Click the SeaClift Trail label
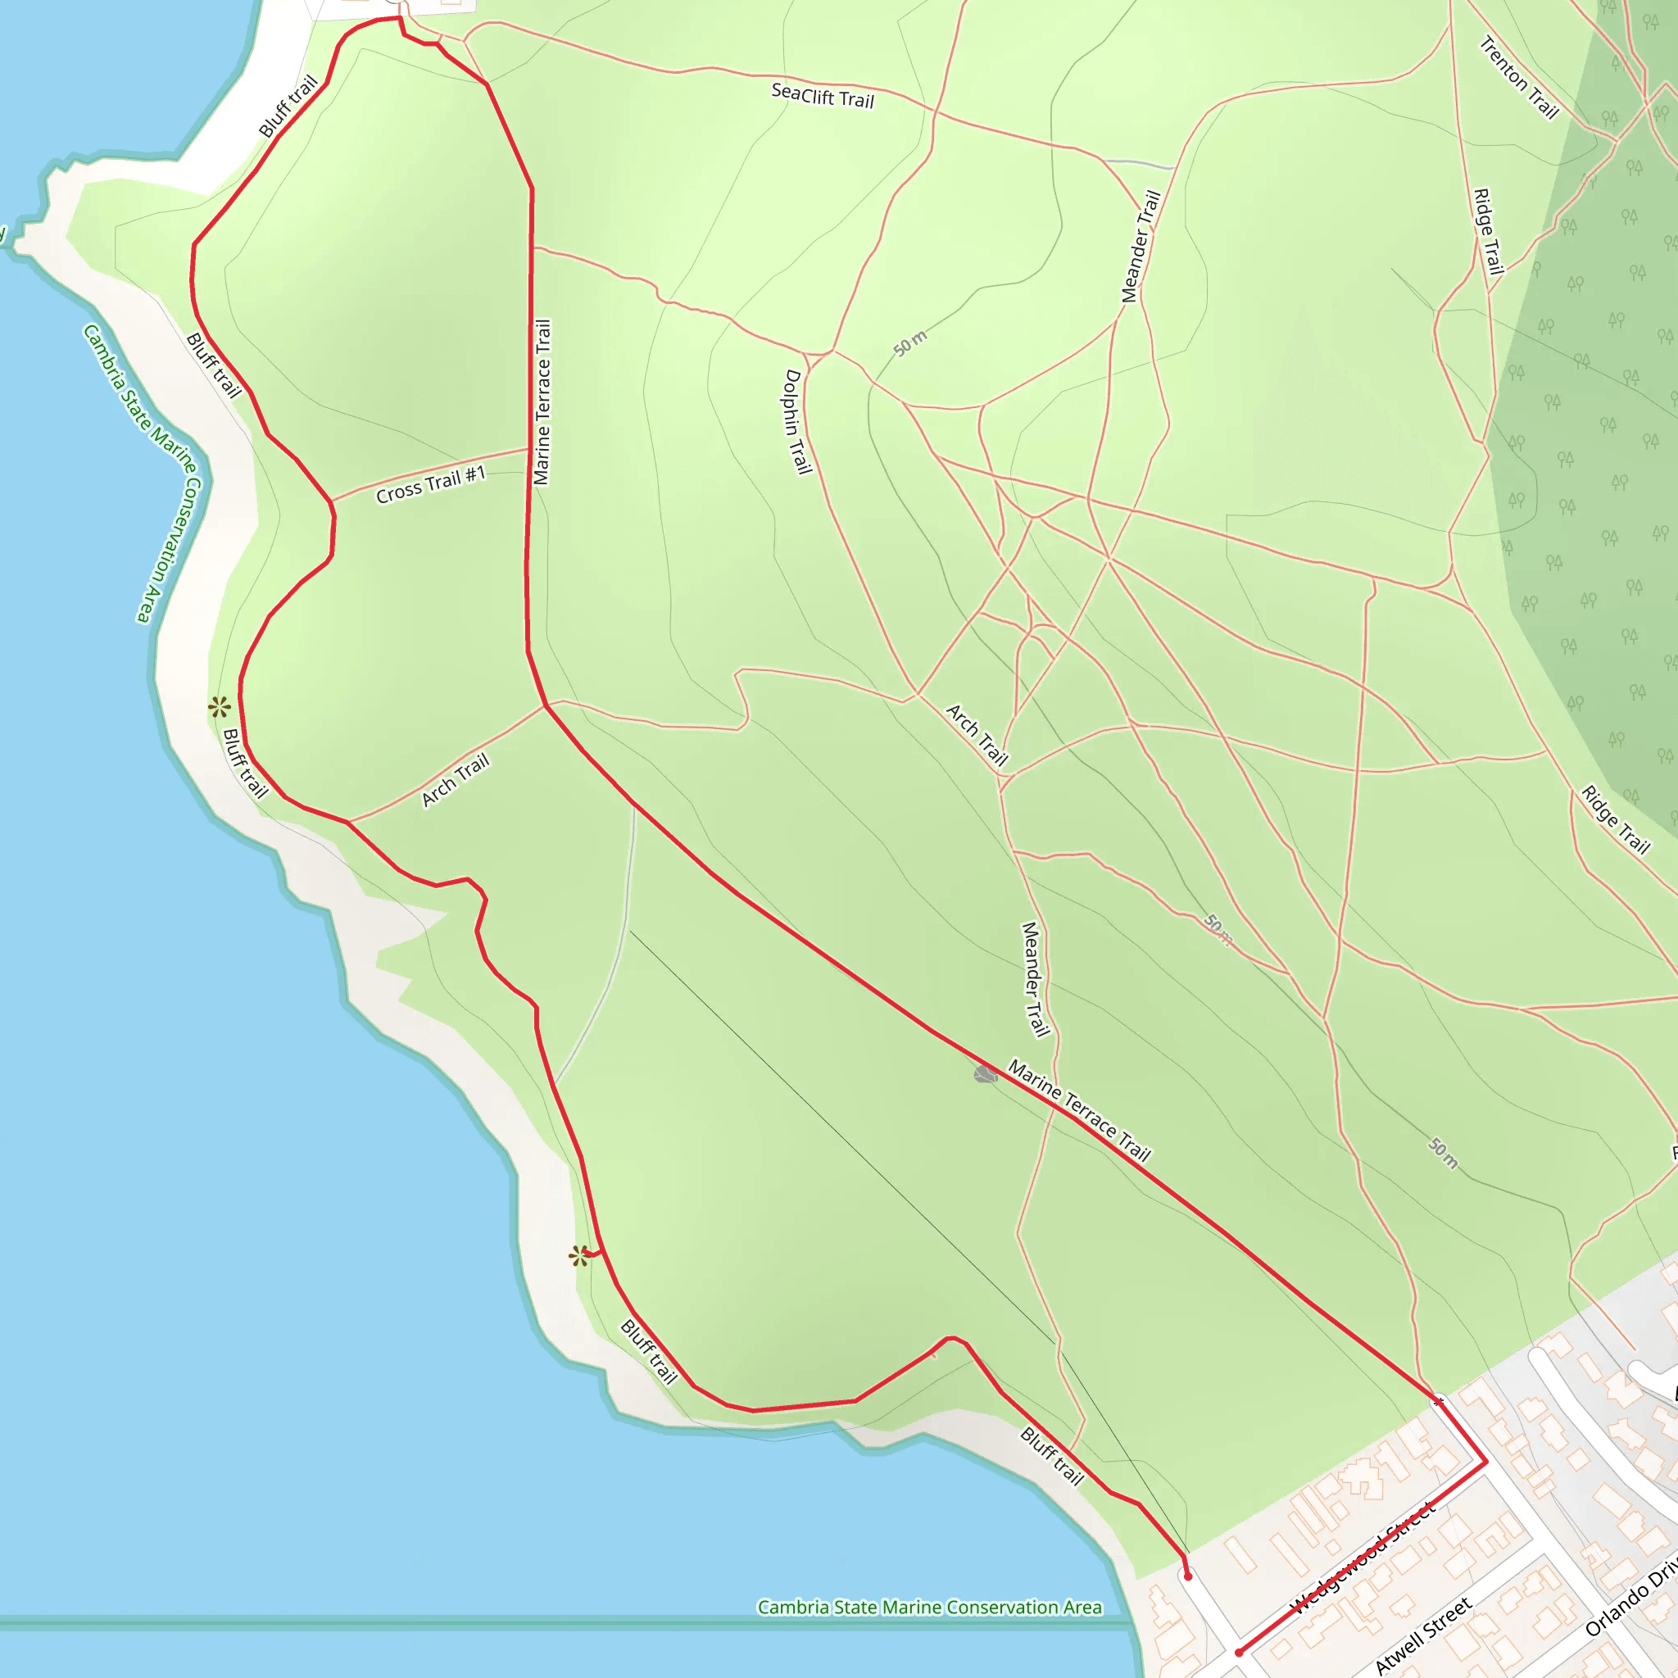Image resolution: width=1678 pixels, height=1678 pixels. (822, 95)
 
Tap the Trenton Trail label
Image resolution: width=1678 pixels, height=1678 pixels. (1519, 77)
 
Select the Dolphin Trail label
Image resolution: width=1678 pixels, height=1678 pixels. (797, 422)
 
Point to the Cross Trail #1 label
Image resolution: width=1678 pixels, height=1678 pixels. (430, 485)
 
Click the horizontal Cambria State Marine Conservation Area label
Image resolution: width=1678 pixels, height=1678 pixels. (929, 1608)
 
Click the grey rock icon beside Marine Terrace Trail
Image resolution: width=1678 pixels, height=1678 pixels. (985, 1075)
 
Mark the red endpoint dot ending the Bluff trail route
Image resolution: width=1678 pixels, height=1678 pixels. (1187, 1576)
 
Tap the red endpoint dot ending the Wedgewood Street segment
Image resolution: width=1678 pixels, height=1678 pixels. (1239, 1653)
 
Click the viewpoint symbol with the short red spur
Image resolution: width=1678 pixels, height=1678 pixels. (579, 1256)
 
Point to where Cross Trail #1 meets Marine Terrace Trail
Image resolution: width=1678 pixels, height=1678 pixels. (529, 449)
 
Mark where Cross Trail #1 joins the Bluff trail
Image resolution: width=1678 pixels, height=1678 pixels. (331, 501)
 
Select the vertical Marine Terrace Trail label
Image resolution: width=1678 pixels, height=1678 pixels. (542, 402)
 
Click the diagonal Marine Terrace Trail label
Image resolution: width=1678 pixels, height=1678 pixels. (1079, 1110)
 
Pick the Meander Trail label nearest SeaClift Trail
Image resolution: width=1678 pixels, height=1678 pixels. (1141, 247)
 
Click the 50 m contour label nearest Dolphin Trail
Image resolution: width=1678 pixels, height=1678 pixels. (909, 344)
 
